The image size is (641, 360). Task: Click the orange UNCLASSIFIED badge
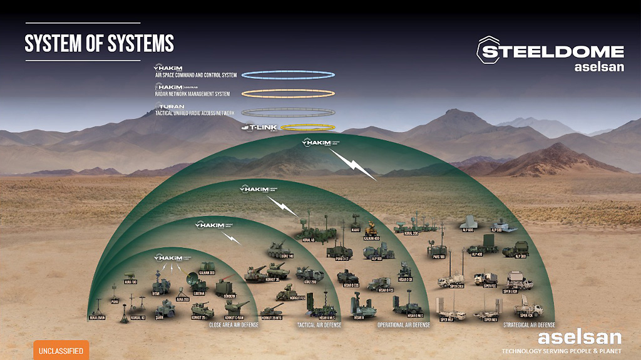pyautogui.click(x=61, y=351)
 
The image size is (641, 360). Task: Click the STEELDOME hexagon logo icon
pyautogui.click(x=490, y=50)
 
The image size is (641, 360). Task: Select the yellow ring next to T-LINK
pyautogui.click(x=309, y=128)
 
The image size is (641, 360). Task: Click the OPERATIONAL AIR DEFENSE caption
pyautogui.click(x=404, y=325)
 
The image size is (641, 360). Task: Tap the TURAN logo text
pyautogui.click(x=171, y=106)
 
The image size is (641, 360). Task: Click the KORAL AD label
pyautogui.click(x=308, y=239)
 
